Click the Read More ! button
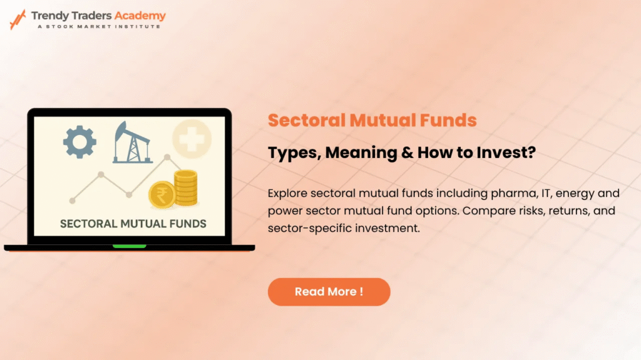[329, 292]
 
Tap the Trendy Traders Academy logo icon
[18, 19]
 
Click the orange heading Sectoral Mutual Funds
[372, 120]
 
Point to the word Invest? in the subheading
[502, 152]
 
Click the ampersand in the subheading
[393, 152]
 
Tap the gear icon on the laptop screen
[79, 141]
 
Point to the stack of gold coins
[186, 188]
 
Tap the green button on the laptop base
[129, 246]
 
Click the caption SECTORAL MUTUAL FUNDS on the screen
[133, 223]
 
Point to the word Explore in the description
[287, 192]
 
